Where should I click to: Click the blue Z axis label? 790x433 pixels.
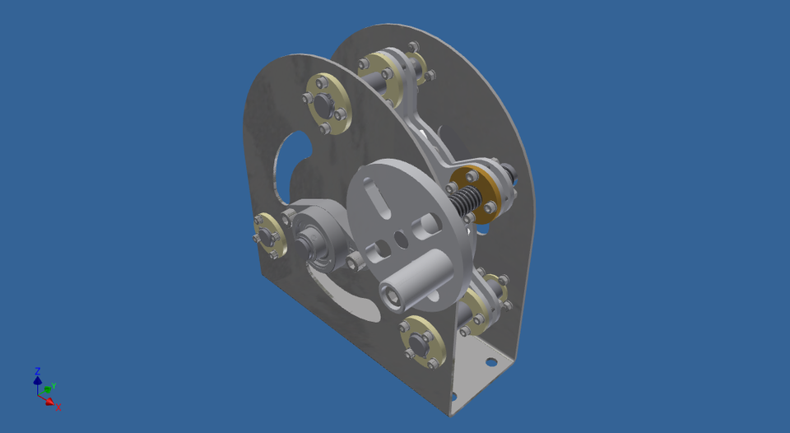click(x=38, y=371)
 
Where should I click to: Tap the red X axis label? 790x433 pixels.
click(x=58, y=407)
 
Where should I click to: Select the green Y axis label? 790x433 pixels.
click(x=53, y=385)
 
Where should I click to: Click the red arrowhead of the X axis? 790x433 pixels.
click(x=49, y=402)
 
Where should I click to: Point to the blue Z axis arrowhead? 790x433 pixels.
click(x=37, y=380)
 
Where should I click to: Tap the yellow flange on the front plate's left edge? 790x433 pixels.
click(x=268, y=234)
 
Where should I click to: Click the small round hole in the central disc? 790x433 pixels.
click(x=401, y=240)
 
